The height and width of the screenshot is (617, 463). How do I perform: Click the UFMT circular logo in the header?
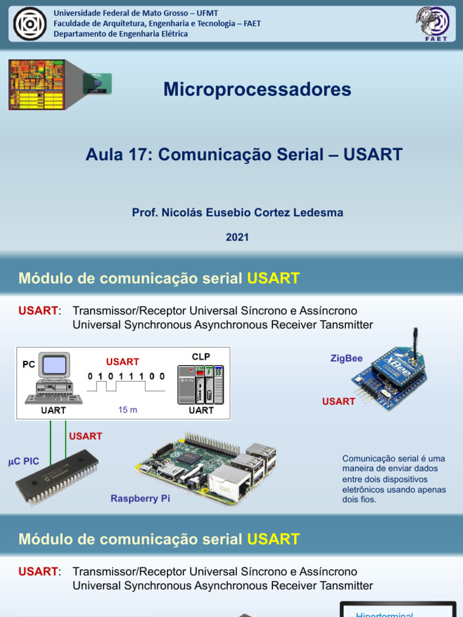30,23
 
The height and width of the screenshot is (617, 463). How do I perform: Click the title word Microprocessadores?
257,90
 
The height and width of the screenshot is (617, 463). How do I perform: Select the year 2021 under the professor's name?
238,237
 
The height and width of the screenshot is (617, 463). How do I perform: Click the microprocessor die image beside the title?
37,84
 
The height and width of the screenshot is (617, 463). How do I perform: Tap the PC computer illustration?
53,378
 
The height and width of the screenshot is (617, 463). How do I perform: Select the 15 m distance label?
128,410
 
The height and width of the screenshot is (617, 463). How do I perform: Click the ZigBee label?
346,359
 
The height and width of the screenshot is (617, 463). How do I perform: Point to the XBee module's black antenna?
415,343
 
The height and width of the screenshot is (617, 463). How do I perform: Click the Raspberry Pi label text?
140,499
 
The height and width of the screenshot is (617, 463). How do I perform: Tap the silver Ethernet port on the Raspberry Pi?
230,482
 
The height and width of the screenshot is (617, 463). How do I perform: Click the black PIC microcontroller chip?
57,477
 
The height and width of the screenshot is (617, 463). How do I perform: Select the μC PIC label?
24,462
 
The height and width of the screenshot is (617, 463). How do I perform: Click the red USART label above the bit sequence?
122,362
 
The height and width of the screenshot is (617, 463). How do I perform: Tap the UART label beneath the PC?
53,410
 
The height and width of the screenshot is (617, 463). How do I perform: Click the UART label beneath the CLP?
201,410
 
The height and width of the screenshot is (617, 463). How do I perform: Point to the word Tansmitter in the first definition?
342,325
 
